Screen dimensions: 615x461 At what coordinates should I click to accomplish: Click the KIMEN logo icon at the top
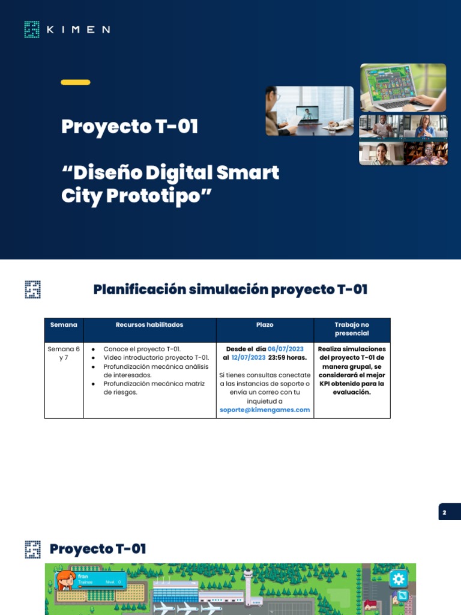32,29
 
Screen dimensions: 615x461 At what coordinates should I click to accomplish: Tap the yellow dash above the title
76,82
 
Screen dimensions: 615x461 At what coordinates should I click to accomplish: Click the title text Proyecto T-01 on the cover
130,127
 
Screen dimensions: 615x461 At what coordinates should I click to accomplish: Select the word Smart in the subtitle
247,173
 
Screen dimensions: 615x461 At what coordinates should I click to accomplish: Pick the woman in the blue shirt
425,126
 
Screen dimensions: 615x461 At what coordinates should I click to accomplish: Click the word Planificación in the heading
139,289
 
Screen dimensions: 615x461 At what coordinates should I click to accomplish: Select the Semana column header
64,325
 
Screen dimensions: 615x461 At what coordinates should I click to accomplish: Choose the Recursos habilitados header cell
149,325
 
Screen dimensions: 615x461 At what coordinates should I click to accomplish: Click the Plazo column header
265,325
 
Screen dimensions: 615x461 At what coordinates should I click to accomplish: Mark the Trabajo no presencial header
352,329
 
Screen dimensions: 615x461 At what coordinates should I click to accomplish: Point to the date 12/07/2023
249,357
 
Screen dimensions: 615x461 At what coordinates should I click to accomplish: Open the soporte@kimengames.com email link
265,410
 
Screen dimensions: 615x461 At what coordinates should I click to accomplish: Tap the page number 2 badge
445,512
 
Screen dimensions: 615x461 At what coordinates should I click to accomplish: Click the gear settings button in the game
399,579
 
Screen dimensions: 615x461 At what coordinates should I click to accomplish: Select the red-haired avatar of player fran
64,581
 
